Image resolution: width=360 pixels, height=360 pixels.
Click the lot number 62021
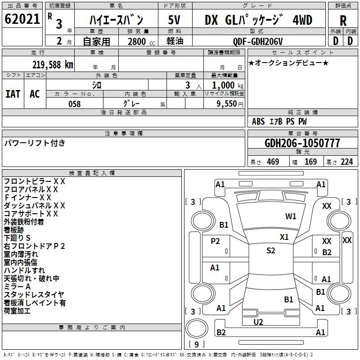coord(22,20)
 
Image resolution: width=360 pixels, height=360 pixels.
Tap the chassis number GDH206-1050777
coord(302,144)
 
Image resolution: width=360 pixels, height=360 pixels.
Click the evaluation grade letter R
coord(343,20)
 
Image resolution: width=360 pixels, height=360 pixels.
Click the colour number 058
coord(74,104)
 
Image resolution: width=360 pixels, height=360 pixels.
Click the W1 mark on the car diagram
coord(291,216)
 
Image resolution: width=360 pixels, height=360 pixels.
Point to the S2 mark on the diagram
coord(270,251)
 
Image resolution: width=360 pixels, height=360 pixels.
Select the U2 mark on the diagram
coord(258,322)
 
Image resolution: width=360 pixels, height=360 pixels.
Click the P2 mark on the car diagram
coord(216,241)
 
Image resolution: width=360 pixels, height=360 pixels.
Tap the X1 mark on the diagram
coord(284,237)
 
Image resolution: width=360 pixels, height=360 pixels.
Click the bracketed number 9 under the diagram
coord(196,345)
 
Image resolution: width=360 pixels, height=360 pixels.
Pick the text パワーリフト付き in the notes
coord(35,143)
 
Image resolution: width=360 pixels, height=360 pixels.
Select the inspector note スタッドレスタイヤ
coord(34,295)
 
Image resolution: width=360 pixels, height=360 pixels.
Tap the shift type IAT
coord(13,94)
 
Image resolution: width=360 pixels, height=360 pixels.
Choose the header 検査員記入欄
coord(92,173)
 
